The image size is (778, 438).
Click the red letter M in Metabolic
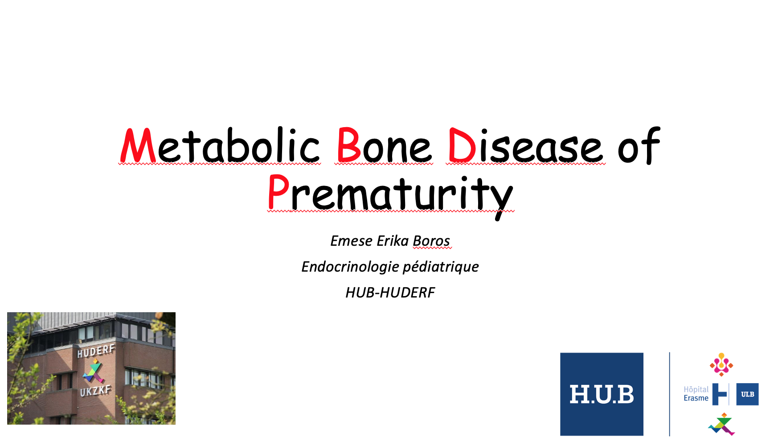(x=138, y=145)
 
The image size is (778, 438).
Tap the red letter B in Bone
(x=348, y=145)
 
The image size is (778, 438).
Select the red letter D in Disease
(x=462, y=145)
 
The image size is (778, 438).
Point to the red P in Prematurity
(x=278, y=191)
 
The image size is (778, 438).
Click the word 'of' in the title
(x=639, y=145)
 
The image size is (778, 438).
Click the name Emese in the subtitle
(x=351, y=241)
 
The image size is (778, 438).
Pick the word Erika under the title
(x=392, y=241)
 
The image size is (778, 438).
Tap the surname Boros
(x=431, y=241)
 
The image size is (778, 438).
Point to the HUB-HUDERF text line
(x=390, y=293)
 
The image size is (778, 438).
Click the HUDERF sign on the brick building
(x=96, y=351)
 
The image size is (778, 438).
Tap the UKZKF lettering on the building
(x=95, y=391)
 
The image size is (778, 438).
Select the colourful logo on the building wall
(x=94, y=371)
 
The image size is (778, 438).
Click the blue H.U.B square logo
(x=602, y=394)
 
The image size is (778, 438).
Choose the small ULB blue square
(x=747, y=394)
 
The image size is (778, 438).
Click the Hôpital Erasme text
(x=696, y=394)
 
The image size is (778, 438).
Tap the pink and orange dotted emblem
(x=721, y=364)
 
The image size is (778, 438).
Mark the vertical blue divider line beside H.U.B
(x=669, y=394)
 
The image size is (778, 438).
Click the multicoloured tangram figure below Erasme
(x=721, y=424)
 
